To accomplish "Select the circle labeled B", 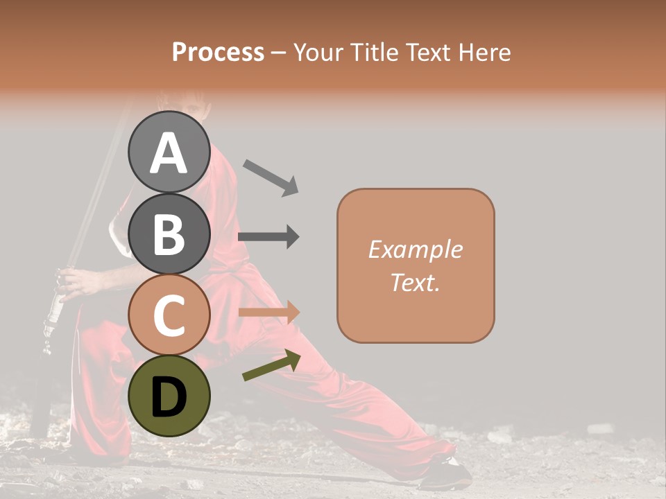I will tap(169, 234).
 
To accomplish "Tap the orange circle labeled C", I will tap(169, 315).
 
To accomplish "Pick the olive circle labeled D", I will tap(169, 396).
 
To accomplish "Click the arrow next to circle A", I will tap(271, 177).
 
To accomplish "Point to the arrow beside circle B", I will tap(268, 236).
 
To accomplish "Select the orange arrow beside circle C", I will tap(268, 313).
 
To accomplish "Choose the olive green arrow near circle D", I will tap(271, 365).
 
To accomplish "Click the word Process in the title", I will tap(218, 53).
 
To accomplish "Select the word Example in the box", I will tap(415, 249).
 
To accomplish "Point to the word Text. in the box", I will tap(415, 282).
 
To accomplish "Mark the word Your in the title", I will tap(318, 53).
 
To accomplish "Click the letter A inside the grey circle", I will tap(169, 153).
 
